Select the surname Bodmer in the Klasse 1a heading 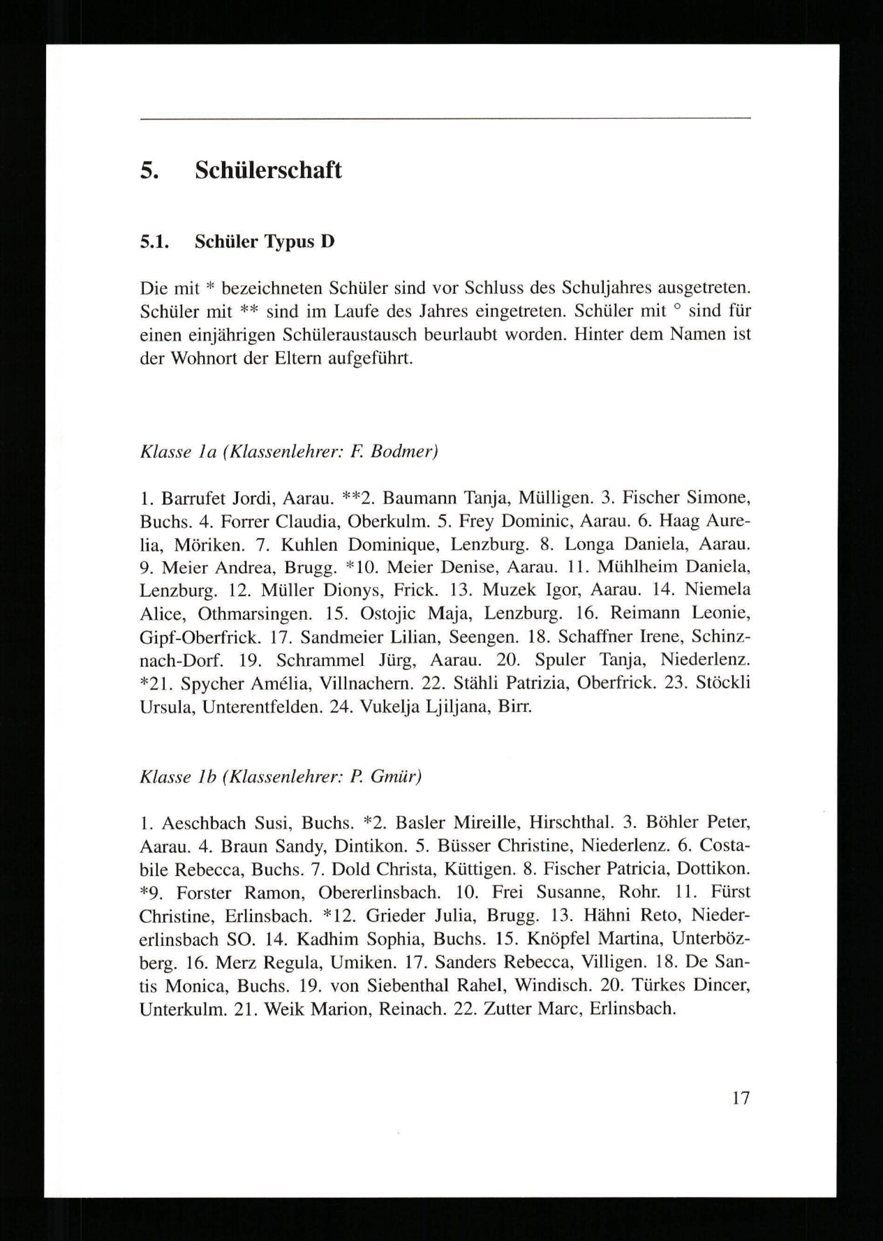coord(404,452)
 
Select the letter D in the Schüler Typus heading coord(327,241)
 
